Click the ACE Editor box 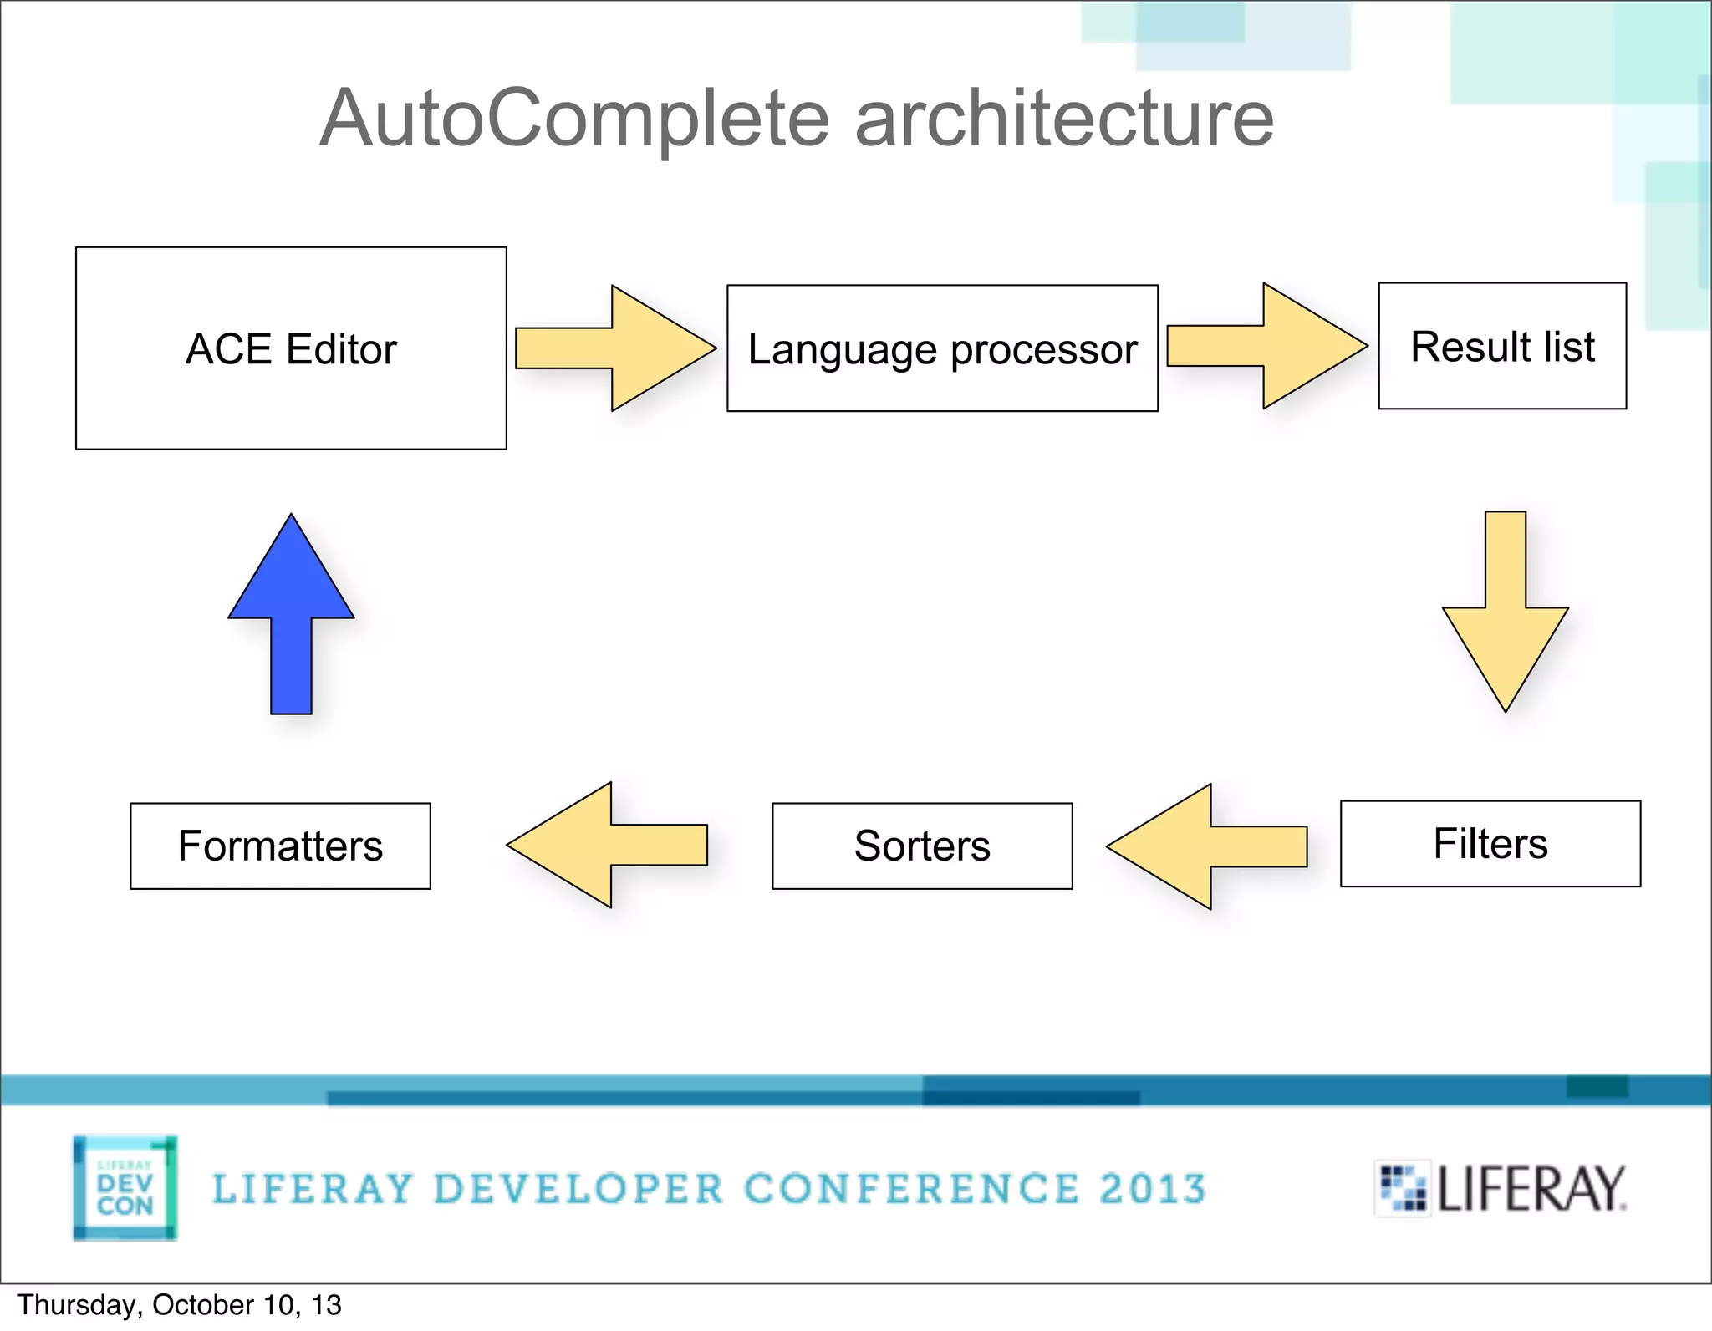[x=291, y=348]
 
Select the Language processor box [x=942, y=348]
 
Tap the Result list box [x=1502, y=346]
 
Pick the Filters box [x=1490, y=844]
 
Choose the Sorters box [x=922, y=846]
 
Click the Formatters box [x=280, y=846]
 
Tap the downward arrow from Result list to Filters [x=1506, y=618]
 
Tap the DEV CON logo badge [x=125, y=1187]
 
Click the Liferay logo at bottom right [x=1501, y=1188]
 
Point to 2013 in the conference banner [x=1153, y=1189]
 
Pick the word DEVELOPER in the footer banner [x=578, y=1189]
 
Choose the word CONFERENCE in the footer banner [x=911, y=1189]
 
